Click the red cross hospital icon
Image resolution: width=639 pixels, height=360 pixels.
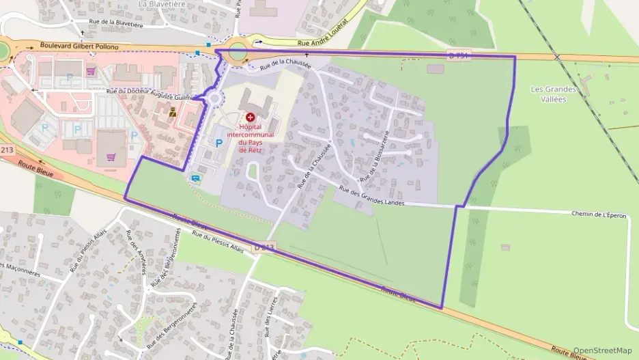pyautogui.click(x=250, y=118)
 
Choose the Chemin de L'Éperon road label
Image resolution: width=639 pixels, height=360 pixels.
pyautogui.click(x=598, y=214)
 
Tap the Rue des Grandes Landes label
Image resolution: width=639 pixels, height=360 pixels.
pyautogui.click(x=371, y=197)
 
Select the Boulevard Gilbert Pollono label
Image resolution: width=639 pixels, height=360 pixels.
pyautogui.click(x=79, y=46)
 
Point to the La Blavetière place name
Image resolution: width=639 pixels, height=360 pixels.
pyautogui.click(x=162, y=4)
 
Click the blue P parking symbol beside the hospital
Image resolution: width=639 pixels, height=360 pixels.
pyautogui.click(x=218, y=143)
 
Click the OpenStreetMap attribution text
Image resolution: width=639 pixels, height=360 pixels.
pyautogui.click(x=602, y=350)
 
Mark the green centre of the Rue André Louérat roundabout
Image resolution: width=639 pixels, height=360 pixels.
pyautogui.click(x=238, y=51)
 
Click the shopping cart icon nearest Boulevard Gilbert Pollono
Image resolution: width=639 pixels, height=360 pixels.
pyautogui.click(x=91, y=70)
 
